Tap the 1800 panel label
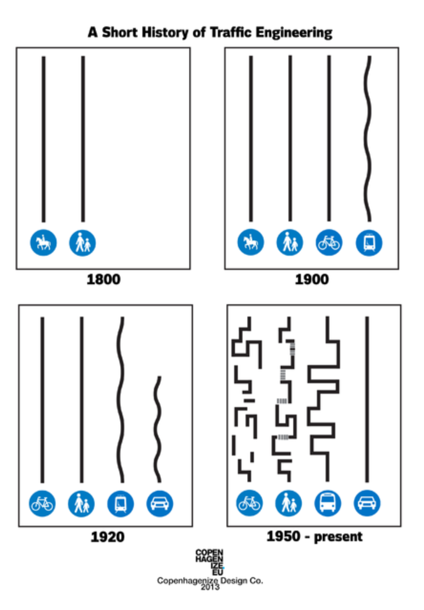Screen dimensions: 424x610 click(x=103, y=280)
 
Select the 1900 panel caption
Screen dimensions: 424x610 click(x=312, y=280)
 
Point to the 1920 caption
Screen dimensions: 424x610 click(x=107, y=537)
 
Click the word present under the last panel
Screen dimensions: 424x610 click(x=338, y=537)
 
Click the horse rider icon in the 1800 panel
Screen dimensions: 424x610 click(x=43, y=242)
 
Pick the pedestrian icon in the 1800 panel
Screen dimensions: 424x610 click(x=82, y=243)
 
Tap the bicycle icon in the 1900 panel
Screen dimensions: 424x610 click(x=329, y=242)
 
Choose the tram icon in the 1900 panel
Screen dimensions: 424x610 click(x=369, y=242)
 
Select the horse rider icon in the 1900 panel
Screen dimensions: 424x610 click(x=250, y=242)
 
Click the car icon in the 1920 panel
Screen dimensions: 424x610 click(x=160, y=503)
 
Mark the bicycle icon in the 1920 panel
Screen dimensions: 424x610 click(x=42, y=503)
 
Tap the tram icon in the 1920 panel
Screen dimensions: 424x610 click(x=121, y=503)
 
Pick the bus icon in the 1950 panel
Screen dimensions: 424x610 click(x=328, y=503)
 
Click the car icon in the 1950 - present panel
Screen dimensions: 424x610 click(x=367, y=503)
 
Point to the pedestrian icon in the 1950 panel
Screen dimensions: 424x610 click(x=289, y=503)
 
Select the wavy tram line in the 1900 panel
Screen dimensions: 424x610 click(x=368, y=139)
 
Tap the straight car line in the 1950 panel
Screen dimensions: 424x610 click(x=367, y=399)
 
